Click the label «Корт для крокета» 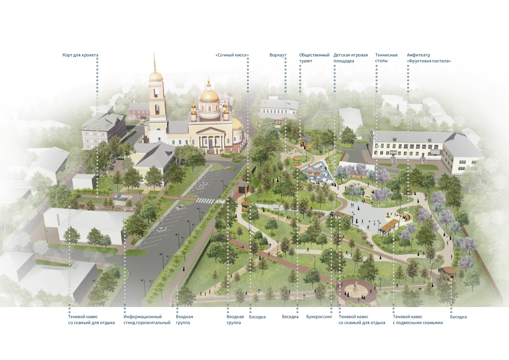pyautogui.click(x=80, y=55)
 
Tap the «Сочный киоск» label pyautogui.click(x=232, y=55)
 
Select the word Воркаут pyautogui.click(x=278, y=55)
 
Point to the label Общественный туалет pyautogui.click(x=314, y=58)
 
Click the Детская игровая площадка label pyautogui.click(x=351, y=58)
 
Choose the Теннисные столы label pyautogui.click(x=386, y=58)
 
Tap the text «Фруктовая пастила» pyautogui.click(x=429, y=61)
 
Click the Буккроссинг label pyautogui.click(x=319, y=317)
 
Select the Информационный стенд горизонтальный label pyautogui.click(x=147, y=320)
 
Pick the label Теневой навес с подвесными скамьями pyautogui.click(x=418, y=320)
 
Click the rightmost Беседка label pyautogui.click(x=458, y=317)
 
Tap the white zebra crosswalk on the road pyautogui.click(x=205, y=200)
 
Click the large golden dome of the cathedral pyautogui.click(x=209, y=96)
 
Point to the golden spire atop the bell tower pyautogui.click(x=155, y=61)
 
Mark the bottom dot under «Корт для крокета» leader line pyautogui.click(x=97, y=196)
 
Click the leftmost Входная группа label pyautogui.click(x=184, y=320)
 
